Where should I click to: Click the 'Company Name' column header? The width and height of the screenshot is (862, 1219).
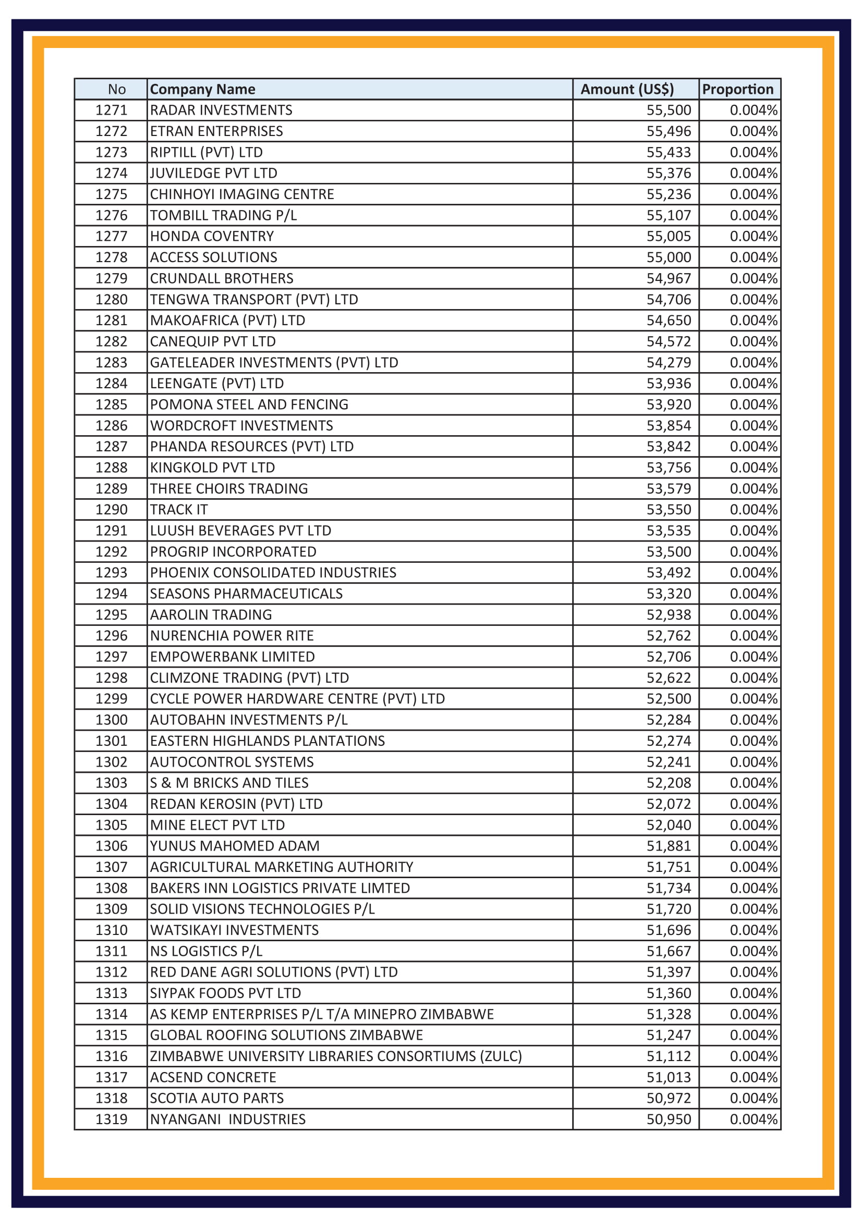click(x=202, y=89)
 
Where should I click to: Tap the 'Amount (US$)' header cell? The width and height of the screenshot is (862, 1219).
click(x=627, y=89)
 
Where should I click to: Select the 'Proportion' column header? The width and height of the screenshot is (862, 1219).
click(x=738, y=89)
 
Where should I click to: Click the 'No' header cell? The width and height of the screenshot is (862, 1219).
click(x=117, y=89)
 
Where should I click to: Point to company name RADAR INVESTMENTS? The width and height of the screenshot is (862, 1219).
click(x=221, y=110)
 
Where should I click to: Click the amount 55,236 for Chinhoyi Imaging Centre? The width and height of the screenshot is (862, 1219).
click(x=668, y=194)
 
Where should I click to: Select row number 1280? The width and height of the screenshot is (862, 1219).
click(x=112, y=300)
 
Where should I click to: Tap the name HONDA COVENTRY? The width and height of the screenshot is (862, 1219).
click(x=212, y=236)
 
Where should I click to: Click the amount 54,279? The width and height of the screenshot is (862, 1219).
click(x=668, y=363)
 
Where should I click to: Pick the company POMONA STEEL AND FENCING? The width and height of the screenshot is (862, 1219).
click(x=249, y=404)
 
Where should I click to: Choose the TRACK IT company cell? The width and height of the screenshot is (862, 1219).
click(x=178, y=510)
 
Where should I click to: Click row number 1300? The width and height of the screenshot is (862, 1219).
click(x=112, y=720)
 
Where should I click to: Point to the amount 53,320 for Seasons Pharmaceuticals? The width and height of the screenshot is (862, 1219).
click(x=668, y=594)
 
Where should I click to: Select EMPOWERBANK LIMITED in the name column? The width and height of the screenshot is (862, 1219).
click(x=232, y=657)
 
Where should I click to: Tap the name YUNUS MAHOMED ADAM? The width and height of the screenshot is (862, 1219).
click(x=235, y=846)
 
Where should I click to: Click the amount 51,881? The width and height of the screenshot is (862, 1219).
click(x=668, y=846)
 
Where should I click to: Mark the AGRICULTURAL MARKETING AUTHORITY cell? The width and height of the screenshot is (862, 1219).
click(x=282, y=867)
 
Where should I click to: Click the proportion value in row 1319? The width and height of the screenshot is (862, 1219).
click(x=753, y=1119)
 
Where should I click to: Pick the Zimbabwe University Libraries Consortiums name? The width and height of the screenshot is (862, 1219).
click(x=336, y=1056)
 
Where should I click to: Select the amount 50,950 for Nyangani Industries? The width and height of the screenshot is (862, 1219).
click(x=668, y=1119)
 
